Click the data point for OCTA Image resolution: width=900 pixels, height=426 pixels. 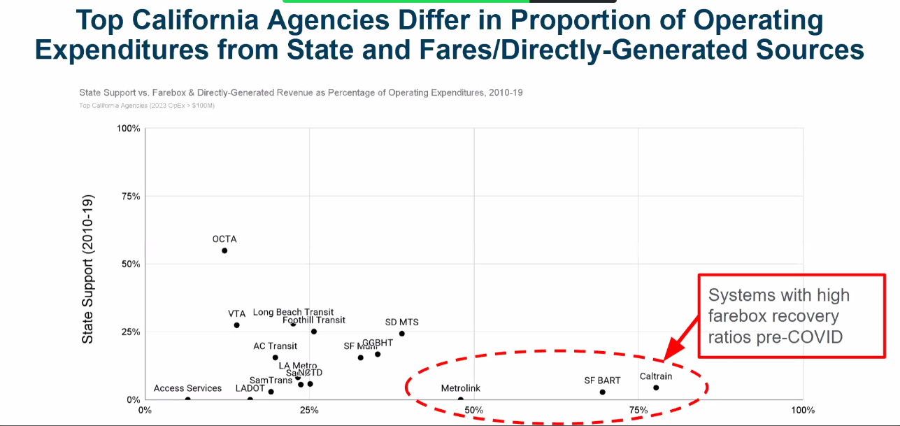coord(224,250)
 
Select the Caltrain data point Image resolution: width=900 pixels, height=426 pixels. coord(656,388)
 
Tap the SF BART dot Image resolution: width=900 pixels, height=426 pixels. coord(602,392)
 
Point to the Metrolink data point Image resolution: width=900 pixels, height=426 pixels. coord(460,399)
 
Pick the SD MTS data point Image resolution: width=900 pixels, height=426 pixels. coord(402,334)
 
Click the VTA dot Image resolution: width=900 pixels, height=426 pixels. coord(236,325)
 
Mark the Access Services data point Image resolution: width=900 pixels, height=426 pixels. coord(187,399)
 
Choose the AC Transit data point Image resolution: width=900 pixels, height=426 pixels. coord(276,357)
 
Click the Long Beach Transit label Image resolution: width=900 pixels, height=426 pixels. coord(293,313)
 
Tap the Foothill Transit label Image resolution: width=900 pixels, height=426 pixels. coord(314,320)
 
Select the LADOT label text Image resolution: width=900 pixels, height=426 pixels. coord(250,388)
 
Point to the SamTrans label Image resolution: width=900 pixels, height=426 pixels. coord(271,381)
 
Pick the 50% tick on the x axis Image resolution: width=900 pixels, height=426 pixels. coord(473,410)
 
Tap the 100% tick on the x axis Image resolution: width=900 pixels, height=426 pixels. coord(802,410)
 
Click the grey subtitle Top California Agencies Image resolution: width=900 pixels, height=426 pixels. coord(147,106)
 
